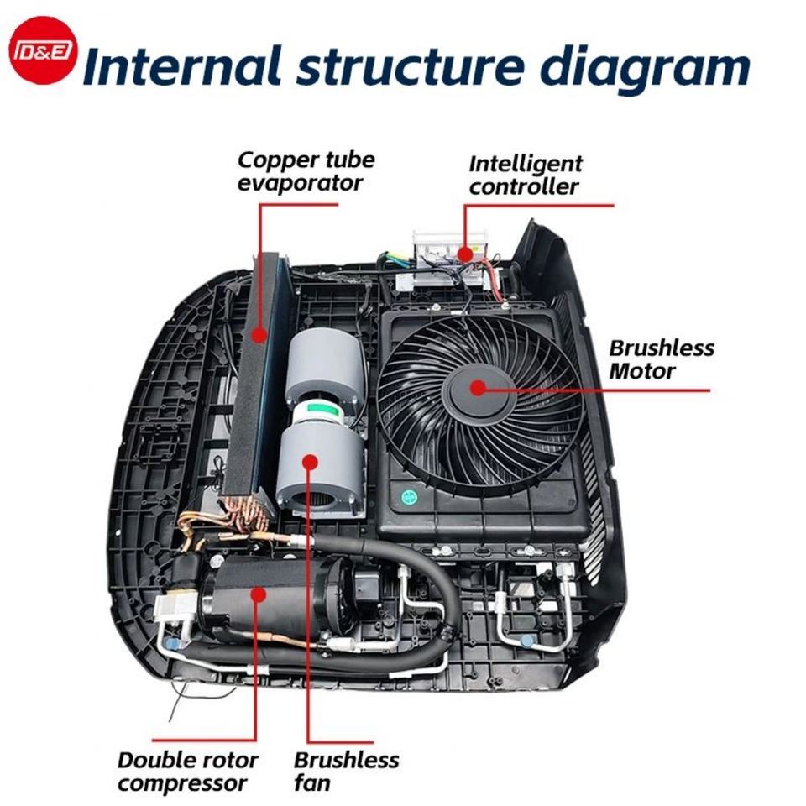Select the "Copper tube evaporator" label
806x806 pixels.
point(306,170)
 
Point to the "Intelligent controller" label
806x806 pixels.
point(525,175)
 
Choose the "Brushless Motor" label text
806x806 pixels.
point(662,359)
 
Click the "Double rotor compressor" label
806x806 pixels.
point(188,772)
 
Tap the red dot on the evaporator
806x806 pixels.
point(260,335)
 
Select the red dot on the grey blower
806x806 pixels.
point(310,460)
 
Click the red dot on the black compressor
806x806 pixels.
point(257,595)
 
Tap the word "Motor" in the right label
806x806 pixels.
point(641,370)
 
